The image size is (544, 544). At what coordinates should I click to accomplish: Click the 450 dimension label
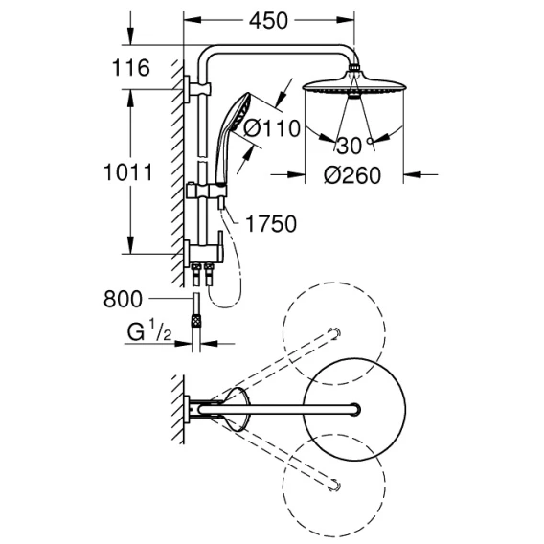coord(268,21)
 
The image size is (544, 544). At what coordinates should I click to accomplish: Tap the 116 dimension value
coord(131,68)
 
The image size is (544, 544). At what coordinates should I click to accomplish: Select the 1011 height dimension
coord(128,172)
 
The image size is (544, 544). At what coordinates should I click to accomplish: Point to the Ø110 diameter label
coord(271,128)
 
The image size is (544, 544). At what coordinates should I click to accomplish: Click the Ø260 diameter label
coord(352,175)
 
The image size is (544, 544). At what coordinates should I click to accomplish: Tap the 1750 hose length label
coord(271,224)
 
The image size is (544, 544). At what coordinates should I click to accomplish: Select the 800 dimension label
coord(124,299)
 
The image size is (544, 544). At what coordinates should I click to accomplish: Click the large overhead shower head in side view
coord(354,84)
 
